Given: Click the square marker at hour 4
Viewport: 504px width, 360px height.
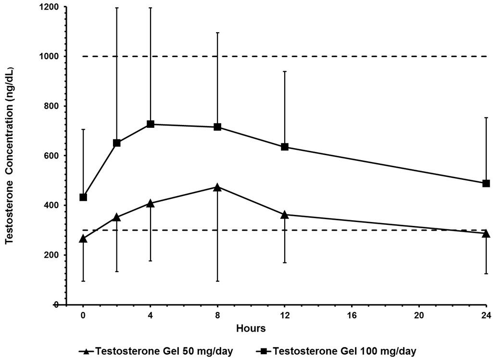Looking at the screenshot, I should click(x=150, y=124).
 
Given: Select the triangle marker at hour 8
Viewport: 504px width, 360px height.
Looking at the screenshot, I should click(x=217, y=187).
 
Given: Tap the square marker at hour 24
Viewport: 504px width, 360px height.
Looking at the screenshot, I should click(x=486, y=183).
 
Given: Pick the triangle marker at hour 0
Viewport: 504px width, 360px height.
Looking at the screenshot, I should click(x=83, y=238).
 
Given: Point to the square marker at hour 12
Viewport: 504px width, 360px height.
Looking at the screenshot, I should click(x=285, y=147).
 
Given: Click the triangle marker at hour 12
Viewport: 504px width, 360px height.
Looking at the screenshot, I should click(x=285, y=214).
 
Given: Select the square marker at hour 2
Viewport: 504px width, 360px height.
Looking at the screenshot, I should click(x=116, y=143).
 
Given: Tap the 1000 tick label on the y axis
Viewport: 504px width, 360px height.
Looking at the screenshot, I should click(x=50, y=56).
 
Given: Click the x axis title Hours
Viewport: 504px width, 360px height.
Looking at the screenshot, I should click(x=251, y=329).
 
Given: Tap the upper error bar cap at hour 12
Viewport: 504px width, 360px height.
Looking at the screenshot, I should click(x=285, y=71).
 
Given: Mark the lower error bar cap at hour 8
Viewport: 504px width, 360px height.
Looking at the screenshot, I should click(x=217, y=281).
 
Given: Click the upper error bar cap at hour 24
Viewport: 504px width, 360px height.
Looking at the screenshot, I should click(x=486, y=117).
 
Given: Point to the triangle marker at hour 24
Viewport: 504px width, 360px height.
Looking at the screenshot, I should click(x=486, y=234).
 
